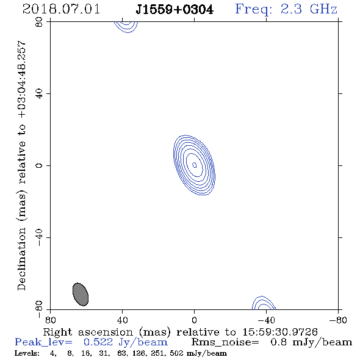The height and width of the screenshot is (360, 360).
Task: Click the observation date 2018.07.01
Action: (x=61, y=9)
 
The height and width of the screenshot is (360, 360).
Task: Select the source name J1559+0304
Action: (x=175, y=10)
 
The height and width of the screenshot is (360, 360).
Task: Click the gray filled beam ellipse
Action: (x=81, y=294)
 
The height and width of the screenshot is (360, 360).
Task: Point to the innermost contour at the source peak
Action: (x=194, y=165)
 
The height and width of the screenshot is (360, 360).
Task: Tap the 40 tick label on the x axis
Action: (x=122, y=320)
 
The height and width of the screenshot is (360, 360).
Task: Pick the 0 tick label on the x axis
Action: (x=194, y=320)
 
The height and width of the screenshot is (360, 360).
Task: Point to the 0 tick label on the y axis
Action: (x=39, y=165)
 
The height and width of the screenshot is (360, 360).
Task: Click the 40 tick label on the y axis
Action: (x=39, y=94)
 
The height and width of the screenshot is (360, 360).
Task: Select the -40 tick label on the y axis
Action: (x=39, y=237)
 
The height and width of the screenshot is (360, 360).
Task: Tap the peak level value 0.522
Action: (x=98, y=342)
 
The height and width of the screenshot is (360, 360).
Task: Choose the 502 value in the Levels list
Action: (x=176, y=353)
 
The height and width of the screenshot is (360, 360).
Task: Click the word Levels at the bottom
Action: (x=27, y=353)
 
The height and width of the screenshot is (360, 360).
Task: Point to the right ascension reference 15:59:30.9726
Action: (x=280, y=332)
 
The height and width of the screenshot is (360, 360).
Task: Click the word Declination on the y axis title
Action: (x=21, y=259)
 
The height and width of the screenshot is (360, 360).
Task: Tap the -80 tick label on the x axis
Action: (x=338, y=320)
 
